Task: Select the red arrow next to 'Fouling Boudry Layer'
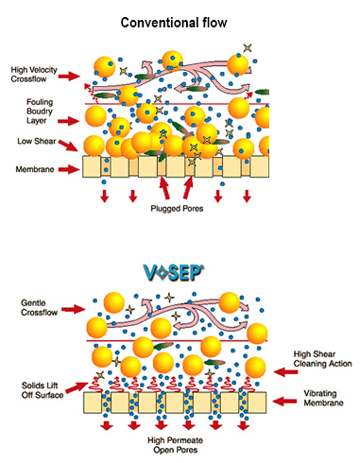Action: coord(68,121)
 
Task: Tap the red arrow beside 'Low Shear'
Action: coord(68,146)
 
